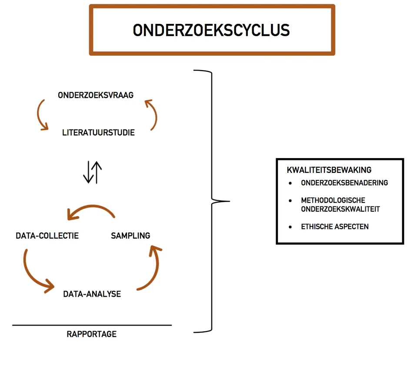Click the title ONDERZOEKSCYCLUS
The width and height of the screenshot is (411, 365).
(x=211, y=30)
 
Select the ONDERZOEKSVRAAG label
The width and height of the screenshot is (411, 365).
(x=96, y=95)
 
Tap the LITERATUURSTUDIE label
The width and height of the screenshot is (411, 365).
(x=98, y=132)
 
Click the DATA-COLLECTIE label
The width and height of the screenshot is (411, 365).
(x=47, y=236)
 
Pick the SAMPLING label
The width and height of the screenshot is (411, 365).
(x=130, y=236)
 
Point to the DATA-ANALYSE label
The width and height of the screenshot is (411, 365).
(x=92, y=294)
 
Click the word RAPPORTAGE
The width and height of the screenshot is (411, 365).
(x=92, y=334)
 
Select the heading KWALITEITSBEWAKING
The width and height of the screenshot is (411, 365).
(x=329, y=170)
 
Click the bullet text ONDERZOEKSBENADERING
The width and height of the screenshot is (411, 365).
(x=344, y=183)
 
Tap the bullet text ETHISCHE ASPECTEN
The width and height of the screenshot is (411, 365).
(x=335, y=226)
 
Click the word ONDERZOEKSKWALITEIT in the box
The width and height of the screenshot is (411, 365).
(x=341, y=209)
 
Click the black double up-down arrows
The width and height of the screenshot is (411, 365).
(x=92, y=172)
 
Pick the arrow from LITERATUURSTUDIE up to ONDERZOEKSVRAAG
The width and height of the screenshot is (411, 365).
(x=152, y=114)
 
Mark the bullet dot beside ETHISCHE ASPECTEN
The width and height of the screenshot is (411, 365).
(x=290, y=226)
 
